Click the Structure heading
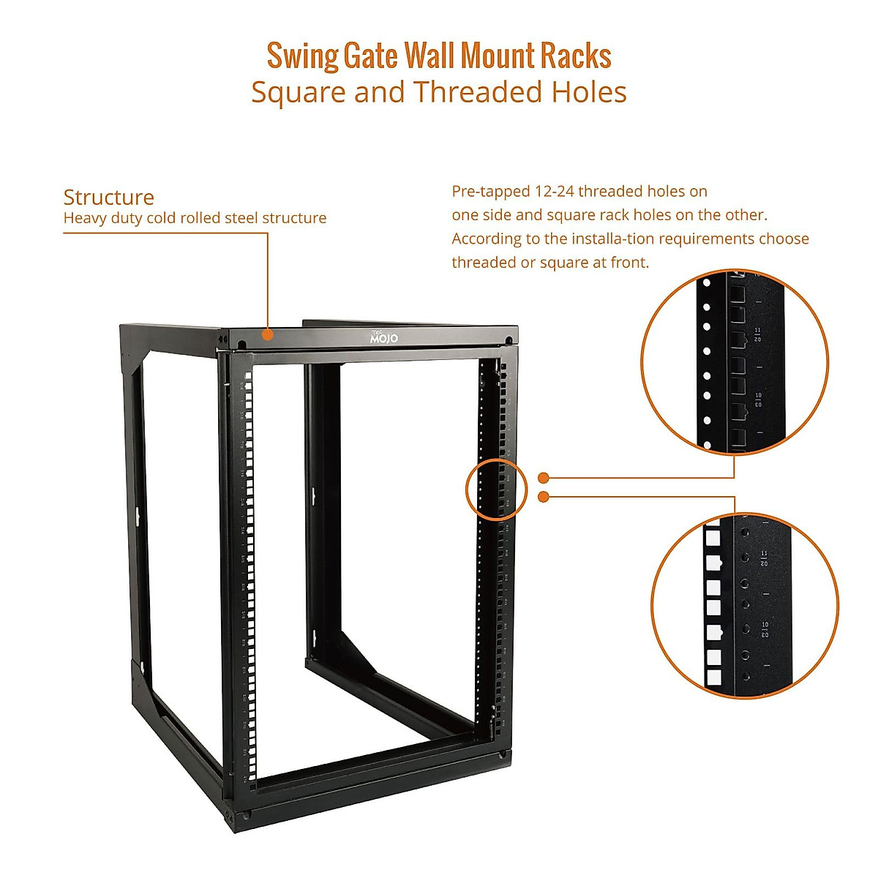pos(108,197)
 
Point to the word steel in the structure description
pos(243,218)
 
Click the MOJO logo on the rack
pos(383,337)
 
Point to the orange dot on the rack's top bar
pos(268,334)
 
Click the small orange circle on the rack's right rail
pos(496,489)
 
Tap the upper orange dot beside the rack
pos(544,478)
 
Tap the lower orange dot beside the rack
pos(544,497)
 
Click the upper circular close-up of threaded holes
pos(735,361)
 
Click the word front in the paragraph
pos(629,263)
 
